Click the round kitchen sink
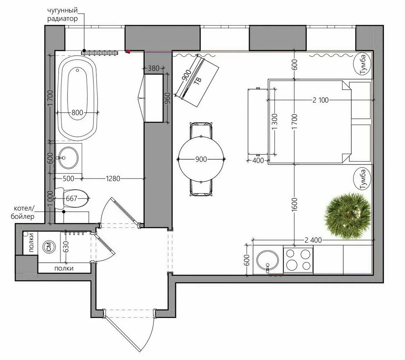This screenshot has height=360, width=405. (x=267, y=259)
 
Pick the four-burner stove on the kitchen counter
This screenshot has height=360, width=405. (x=297, y=260)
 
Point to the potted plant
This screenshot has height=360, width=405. (x=347, y=215)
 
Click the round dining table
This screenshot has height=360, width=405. (x=202, y=159)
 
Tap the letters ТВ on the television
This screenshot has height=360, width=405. (x=197, y=81)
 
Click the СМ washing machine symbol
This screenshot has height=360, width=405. (x=49, y=247)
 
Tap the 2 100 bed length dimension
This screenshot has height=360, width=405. (x=320, y=100)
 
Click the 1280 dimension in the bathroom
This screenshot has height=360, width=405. (x=113, y=178)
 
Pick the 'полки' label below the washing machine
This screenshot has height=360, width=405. (x=64, y=268)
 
